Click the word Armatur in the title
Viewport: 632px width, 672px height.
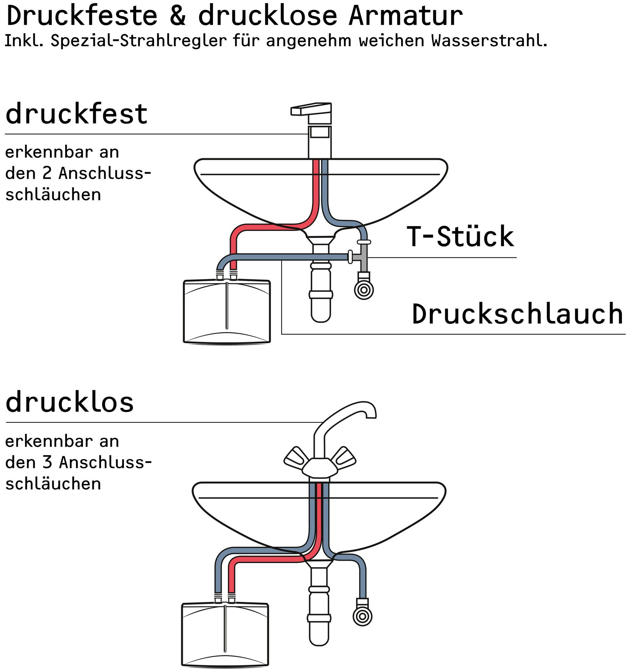tap(405, 16)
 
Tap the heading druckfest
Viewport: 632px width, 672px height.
tap(76, 114)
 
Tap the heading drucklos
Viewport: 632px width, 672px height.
tap(70, 402)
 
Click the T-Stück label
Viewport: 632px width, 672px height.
tap(460, 237)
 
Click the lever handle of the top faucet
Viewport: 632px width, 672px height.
tap(311, 109)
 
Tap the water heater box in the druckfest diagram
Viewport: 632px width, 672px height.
tap(227, 311)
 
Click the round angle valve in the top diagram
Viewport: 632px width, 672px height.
tap(364, 290)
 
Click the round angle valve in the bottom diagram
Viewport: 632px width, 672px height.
tap(362, 617)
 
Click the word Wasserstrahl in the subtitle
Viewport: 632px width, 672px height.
tap(489, 41)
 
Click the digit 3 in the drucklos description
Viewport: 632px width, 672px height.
tap(47, 462)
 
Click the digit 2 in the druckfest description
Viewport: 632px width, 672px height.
tap(47, 173)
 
